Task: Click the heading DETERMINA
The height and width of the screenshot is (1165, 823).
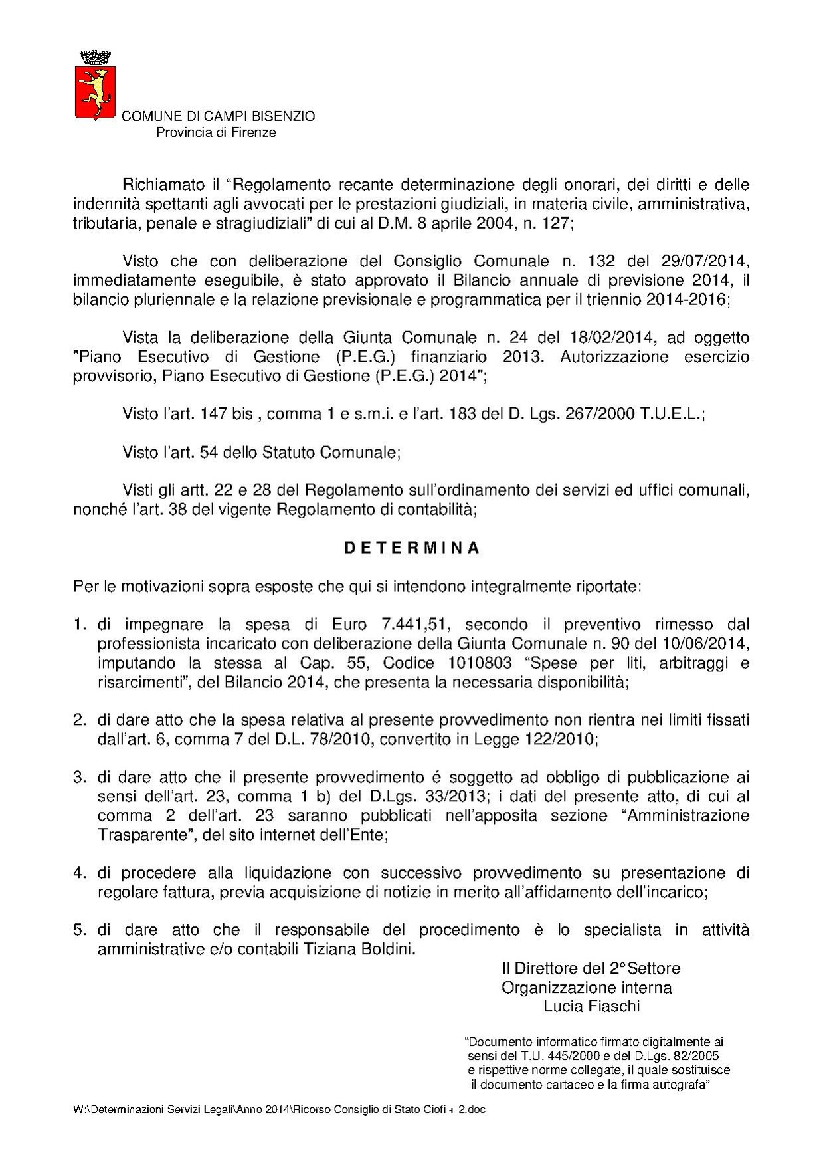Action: pyautogui.click(x=411, y=548)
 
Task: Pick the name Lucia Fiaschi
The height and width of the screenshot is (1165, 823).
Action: pyautogui.click(x=592, y=1006)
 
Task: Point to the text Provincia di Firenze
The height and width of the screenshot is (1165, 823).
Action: pyautogui.click(x=216, y=132)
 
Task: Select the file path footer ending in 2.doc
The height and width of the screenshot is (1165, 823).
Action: pyautogui.click(x=279, y=1110)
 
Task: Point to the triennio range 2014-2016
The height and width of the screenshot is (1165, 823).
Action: pyautogui.click(x=686, y=299)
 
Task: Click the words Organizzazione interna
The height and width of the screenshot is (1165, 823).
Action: pyautogui.click(x=587, y=988)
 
